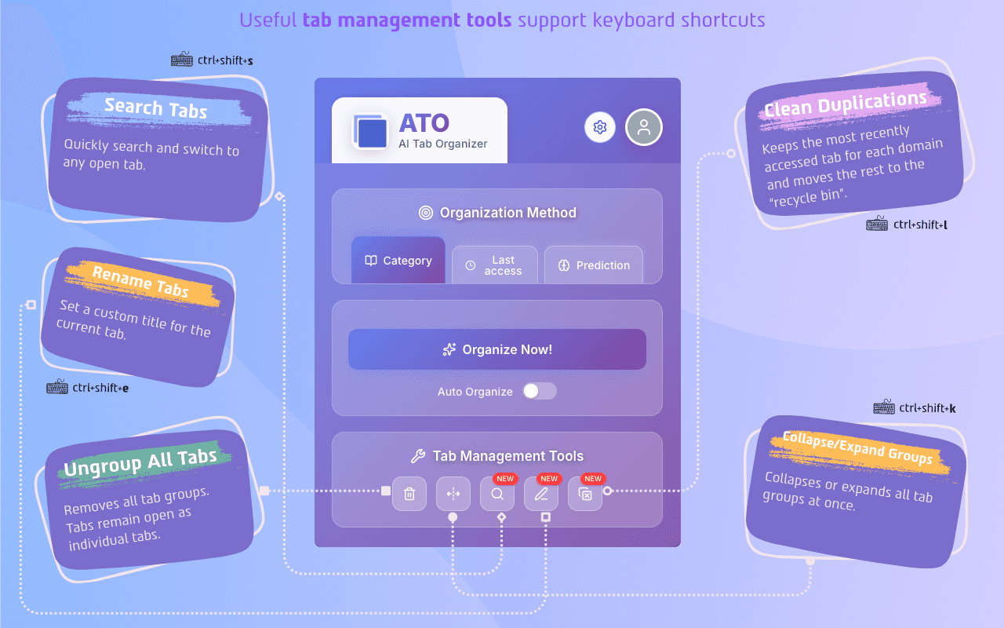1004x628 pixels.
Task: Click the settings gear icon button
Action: click(x=600, y=127)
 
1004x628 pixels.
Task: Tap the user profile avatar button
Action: click(x=644, y=127)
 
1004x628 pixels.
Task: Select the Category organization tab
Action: click(x=398, y=261)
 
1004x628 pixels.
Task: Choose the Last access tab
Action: click(x=495, y=265)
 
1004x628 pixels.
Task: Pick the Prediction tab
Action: click(x=594, y=265)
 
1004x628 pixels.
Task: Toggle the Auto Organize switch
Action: click(x=540, y=391)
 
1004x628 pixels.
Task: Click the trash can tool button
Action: click(x=409, y=494)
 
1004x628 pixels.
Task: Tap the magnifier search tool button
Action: click(x=497, y=494)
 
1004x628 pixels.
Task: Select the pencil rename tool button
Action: click(x=541, y=494)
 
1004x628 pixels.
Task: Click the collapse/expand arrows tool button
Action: click(x=453, y=494)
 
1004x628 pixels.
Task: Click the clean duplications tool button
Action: click(x=585, y=494)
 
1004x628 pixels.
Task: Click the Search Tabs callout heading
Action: click(x=155, y=108)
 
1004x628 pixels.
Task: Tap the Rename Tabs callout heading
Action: click(x=141, y=282)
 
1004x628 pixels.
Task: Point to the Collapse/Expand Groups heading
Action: click(x=858, y=448)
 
